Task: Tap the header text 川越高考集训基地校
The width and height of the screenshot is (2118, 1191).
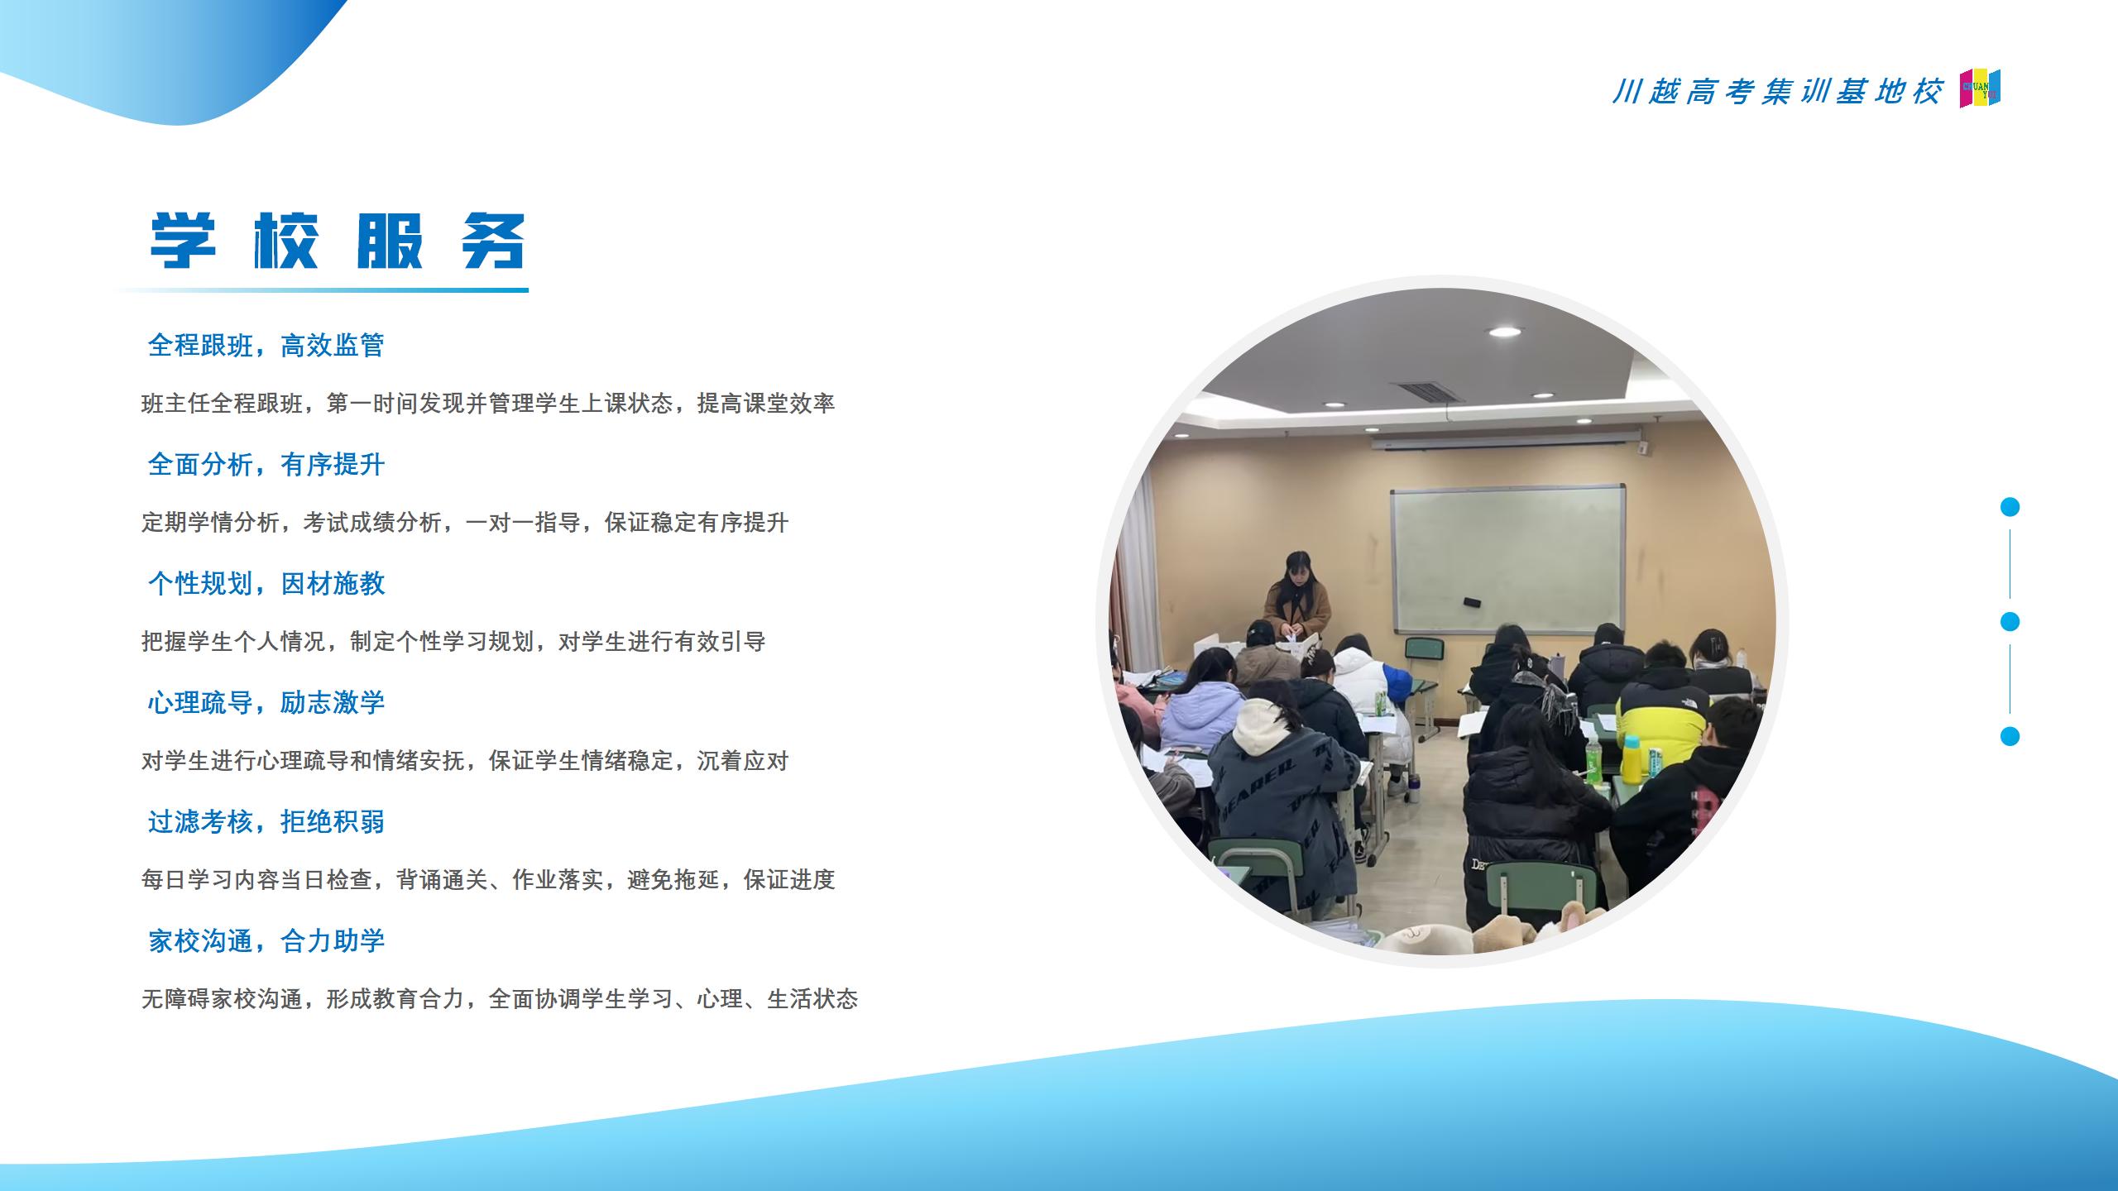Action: click(1776, 92)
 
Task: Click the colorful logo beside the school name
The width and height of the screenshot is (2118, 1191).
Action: click(1980, 88)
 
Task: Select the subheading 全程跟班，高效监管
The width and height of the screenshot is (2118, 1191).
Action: click(266, 345)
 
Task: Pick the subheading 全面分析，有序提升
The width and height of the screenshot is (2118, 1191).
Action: click(266, 464)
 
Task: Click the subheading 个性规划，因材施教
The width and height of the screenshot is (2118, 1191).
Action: click(266, 583)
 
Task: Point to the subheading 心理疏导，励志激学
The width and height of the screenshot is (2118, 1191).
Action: click(266, 702)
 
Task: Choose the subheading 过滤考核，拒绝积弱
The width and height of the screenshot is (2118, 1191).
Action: click(266, 821)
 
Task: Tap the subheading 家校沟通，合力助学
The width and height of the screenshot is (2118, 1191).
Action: click(266, 940)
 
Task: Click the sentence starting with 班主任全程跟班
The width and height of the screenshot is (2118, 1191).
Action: click(488, 404)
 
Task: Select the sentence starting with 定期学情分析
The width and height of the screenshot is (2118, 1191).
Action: click(465, 523)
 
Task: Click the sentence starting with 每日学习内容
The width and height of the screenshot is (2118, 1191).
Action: click(488, 880)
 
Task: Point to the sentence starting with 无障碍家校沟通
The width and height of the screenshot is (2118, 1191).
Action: click(500, 999)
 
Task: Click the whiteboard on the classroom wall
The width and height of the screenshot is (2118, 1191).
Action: click(1508, 560)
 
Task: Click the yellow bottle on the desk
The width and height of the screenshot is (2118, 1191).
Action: click(1632, 759)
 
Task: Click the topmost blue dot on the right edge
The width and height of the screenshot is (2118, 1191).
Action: click(2010, 507)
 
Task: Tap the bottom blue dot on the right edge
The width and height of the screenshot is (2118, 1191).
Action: click(2010, 736)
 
